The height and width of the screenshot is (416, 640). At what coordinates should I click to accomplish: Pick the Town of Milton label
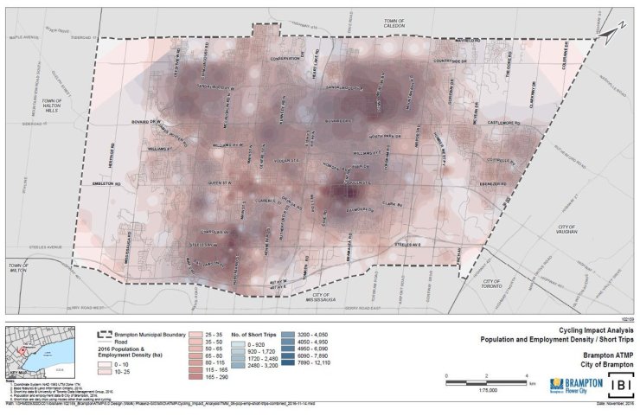17,266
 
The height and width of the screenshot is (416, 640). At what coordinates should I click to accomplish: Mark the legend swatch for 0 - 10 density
106,367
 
